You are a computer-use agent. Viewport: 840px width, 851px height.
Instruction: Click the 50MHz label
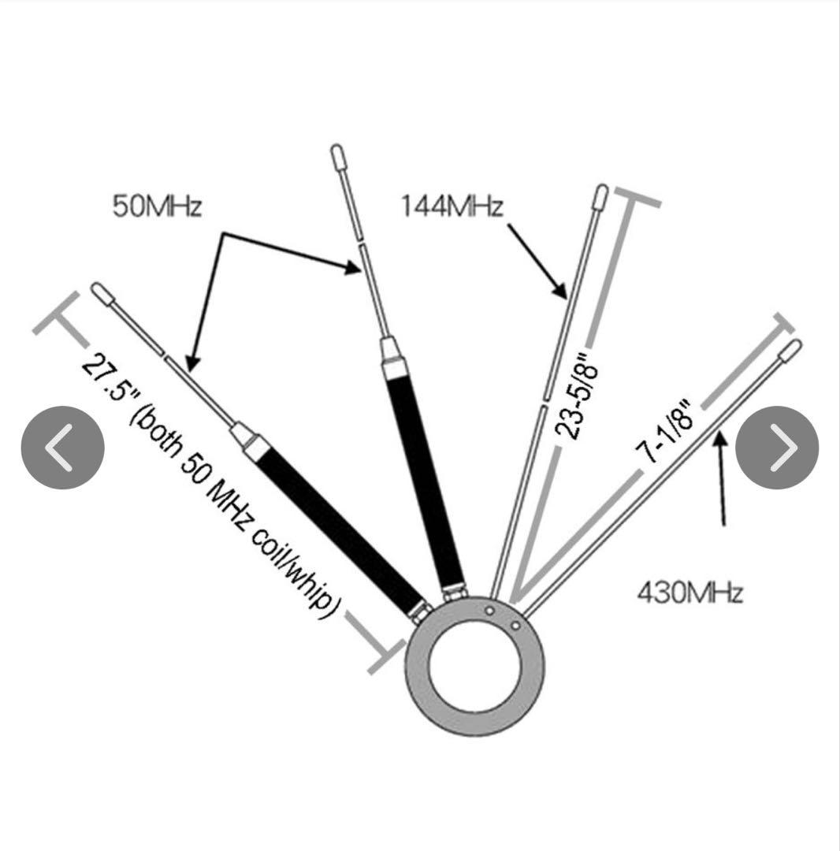pos(158,207)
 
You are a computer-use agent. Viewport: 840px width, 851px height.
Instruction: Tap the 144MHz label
pos(452,207)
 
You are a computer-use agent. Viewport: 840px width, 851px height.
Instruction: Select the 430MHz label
pos(689,591)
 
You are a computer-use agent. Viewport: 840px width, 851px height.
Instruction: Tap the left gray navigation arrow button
pos(62,448)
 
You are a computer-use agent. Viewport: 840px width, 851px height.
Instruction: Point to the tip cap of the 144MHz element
pos(600,194)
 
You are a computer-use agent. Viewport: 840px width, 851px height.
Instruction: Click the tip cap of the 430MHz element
pos(791,349)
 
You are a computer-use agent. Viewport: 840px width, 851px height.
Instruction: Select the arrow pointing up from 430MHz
pos(720,481)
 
